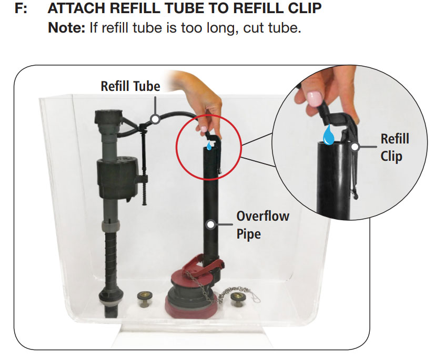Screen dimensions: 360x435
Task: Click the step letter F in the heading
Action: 19,9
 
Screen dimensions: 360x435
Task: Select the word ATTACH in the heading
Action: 75,9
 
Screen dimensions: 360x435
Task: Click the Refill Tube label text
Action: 130,86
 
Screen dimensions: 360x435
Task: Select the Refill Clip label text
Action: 394,148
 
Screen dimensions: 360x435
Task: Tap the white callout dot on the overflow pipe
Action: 211,224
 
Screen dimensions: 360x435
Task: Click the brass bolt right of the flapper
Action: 236,300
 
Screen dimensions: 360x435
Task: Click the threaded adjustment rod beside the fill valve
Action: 142,173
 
